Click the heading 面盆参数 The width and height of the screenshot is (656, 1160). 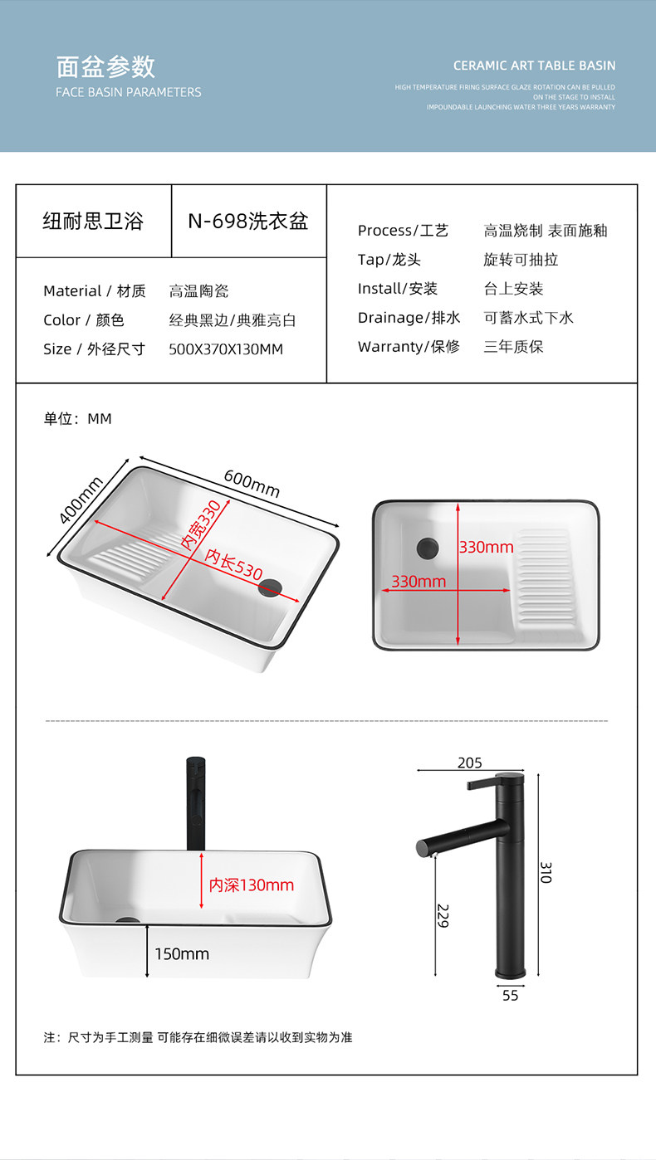tap(105, 66)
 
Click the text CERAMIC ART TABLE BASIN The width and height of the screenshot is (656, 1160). tap(534, 66)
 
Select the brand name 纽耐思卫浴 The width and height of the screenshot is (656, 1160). tap(93, 222)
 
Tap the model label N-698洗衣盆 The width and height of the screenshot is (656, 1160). tap(247, 222)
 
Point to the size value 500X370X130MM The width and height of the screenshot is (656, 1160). tap(226, 349)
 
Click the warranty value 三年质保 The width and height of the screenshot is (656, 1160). tap(513, 347)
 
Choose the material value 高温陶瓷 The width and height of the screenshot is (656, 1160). tap(198, 291)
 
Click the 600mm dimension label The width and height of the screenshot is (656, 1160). tap(252, 484)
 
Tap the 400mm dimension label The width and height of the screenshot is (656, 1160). tap(81, 500)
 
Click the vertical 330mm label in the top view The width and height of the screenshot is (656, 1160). tap(486, 548)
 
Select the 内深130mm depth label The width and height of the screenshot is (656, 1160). tap(251, 885)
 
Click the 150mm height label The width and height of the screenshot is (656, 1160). tap(182, 954)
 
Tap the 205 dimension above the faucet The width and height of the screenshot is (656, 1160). tap(469, 763)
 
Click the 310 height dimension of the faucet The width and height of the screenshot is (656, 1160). tap(546, 872)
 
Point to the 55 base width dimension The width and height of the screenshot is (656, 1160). tap(510, 996)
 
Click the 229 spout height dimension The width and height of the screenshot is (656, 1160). tap(443, 915)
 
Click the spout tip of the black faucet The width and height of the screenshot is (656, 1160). tap(423, 848)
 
